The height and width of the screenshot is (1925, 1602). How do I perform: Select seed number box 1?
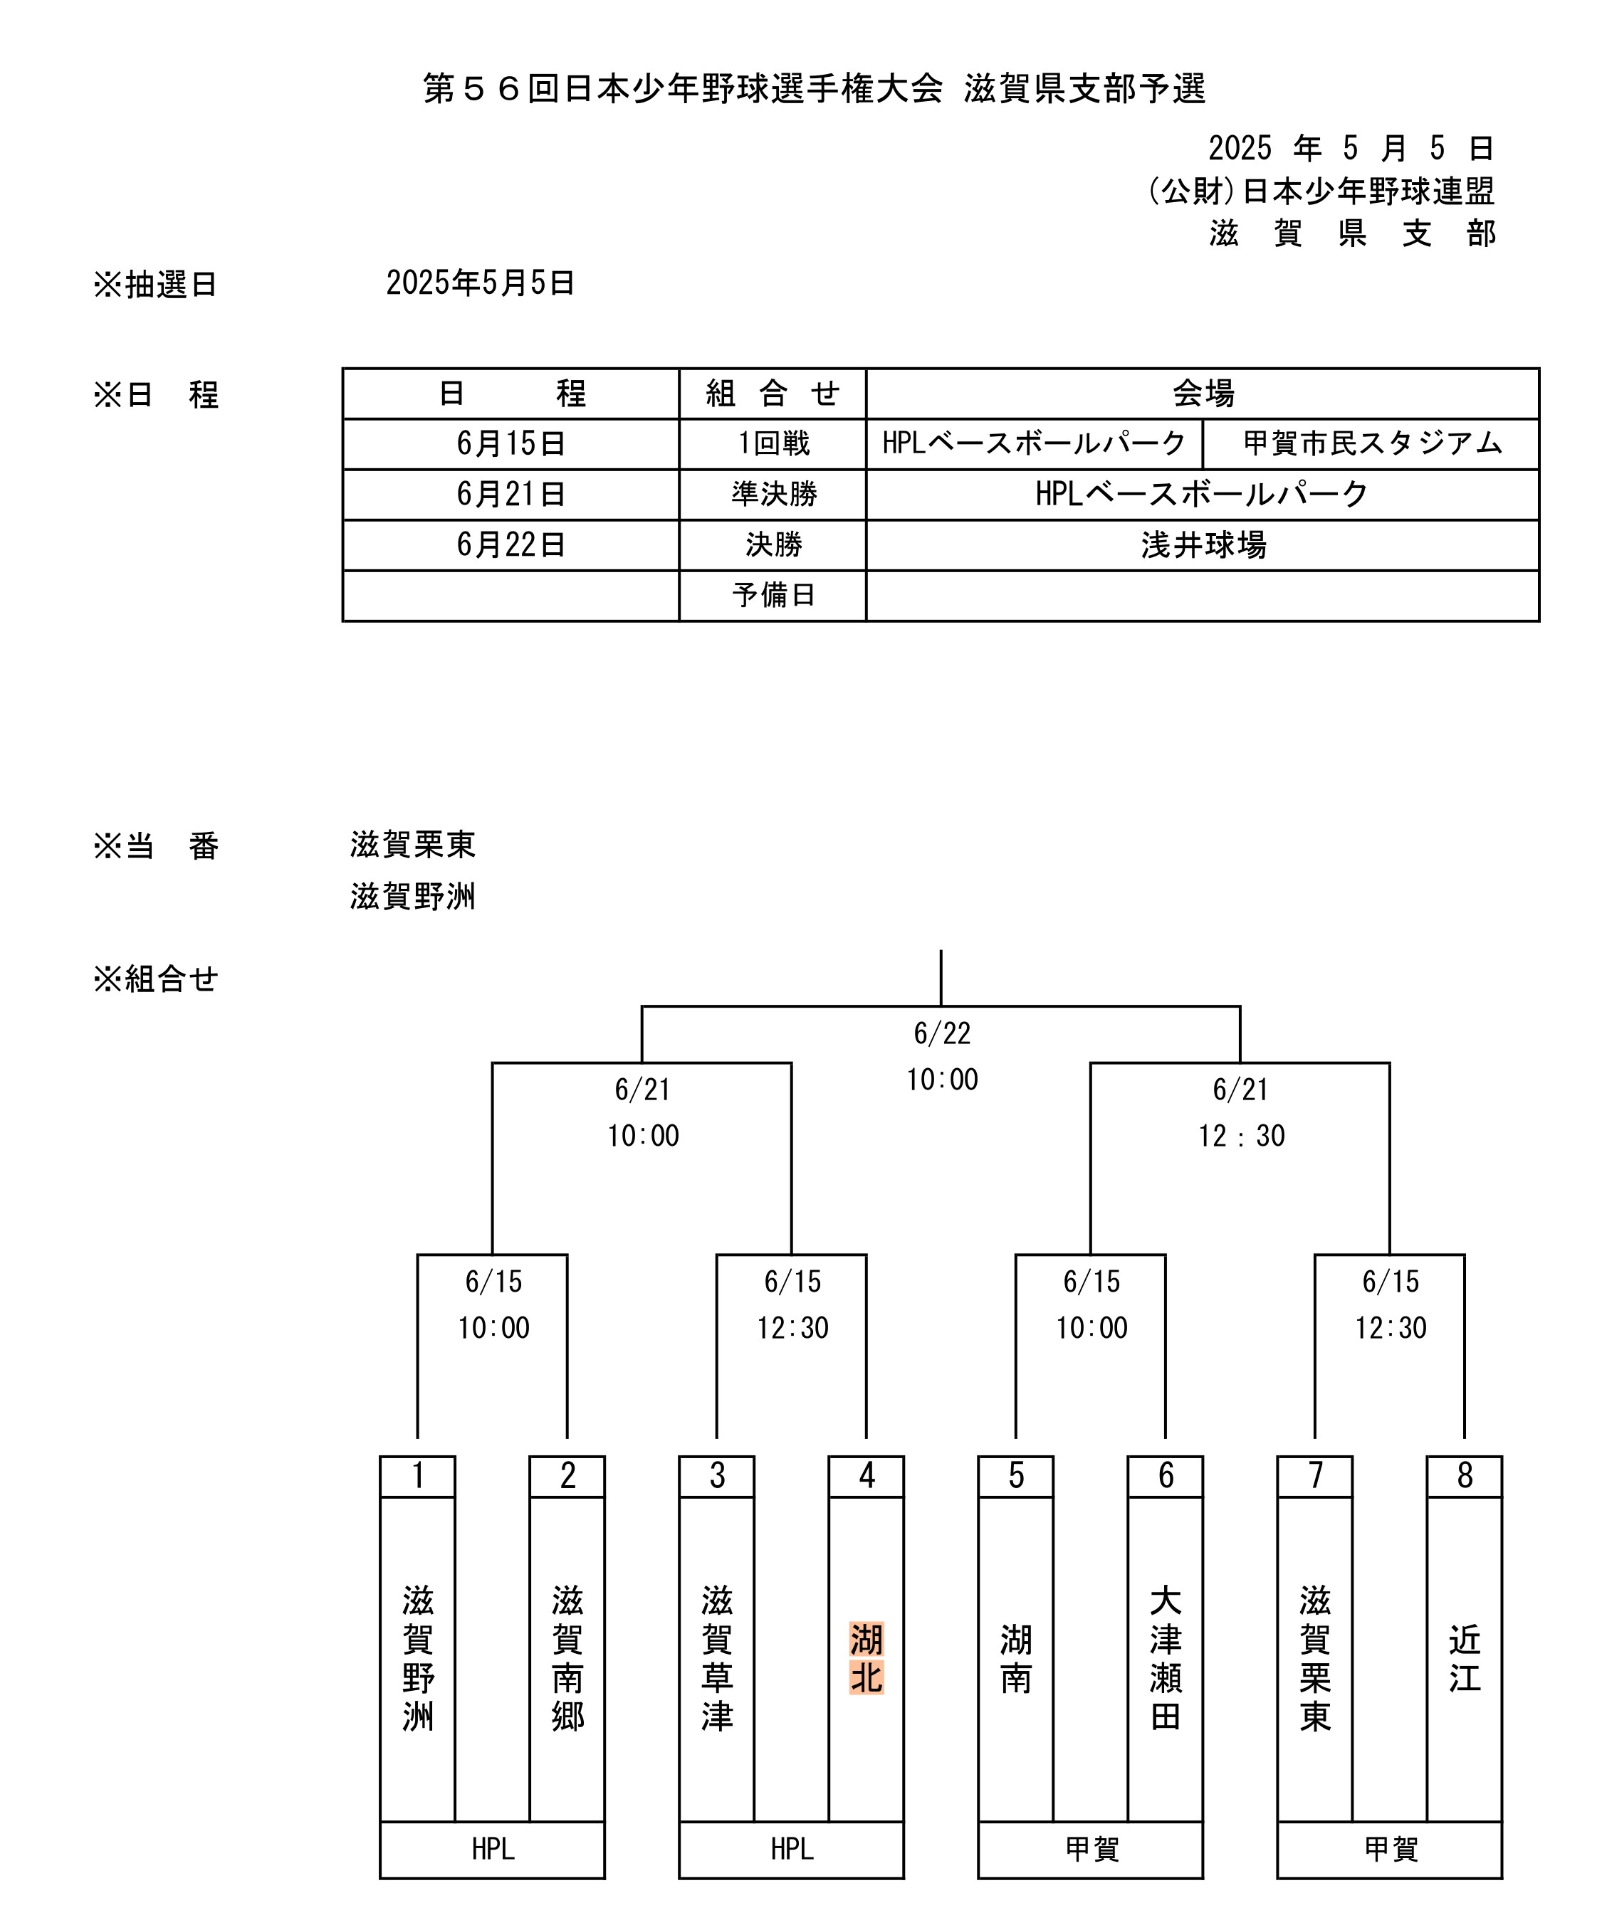click(417, 1477)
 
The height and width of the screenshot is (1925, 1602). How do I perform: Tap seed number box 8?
click(1465, 1477)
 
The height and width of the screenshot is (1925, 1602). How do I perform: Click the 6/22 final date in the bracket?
click(942, 1034)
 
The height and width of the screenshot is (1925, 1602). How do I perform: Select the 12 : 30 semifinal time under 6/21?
click(1242, 1136)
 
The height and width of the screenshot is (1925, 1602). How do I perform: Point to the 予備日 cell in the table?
click(773, 596)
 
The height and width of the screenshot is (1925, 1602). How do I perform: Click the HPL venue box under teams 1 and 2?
click(493, 1850)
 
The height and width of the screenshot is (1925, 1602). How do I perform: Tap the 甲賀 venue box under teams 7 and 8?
click(1390, 1850)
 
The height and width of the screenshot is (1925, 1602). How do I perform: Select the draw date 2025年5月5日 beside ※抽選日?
click(480, 283)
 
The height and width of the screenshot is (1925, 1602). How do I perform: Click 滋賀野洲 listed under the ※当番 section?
click(413, 895)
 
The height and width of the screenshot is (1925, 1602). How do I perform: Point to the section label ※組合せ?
click(155, 979)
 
